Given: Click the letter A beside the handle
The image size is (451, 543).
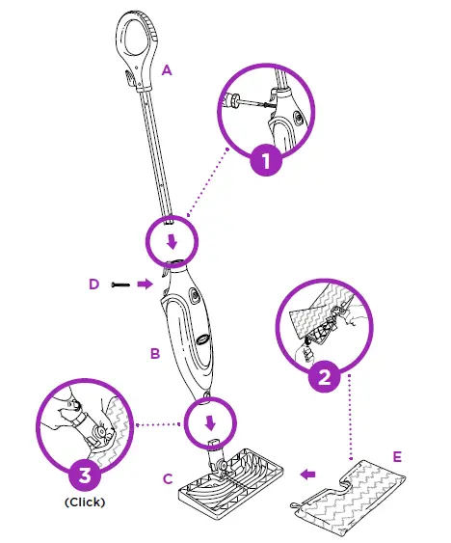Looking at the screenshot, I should (168, 69).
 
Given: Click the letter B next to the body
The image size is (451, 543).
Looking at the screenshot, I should (153, 354).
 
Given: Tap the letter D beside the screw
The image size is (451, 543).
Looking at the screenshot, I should (93, 284).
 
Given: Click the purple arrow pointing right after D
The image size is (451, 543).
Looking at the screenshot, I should (144, 284).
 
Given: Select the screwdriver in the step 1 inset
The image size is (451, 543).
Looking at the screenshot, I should (250, 103).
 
